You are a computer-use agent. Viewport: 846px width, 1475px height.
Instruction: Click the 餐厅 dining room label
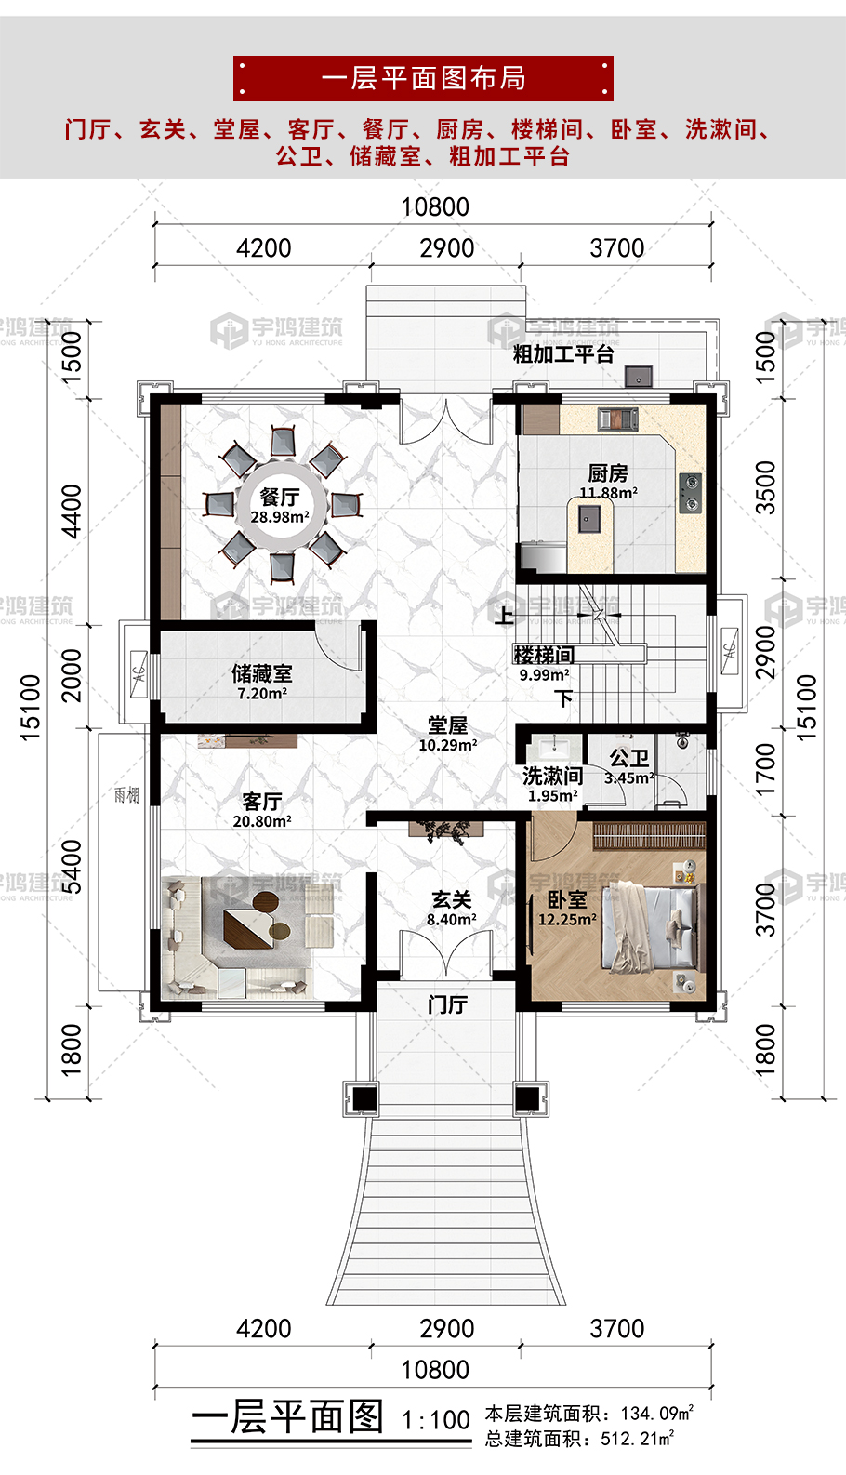pyautogui.click(x=279, y=496)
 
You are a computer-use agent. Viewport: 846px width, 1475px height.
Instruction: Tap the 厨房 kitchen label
pyautogui.click(x=608, y=473)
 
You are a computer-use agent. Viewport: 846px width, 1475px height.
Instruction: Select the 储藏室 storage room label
pyautogui.click(x=261, y=673)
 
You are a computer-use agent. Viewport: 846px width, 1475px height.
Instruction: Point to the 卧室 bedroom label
pyautogui.click(x=567, y=899)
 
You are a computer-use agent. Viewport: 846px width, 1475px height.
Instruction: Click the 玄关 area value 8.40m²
pyautogui.click(x=452, y=919)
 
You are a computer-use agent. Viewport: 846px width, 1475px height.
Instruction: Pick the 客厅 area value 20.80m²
pyautogui.click(x=262, y=821)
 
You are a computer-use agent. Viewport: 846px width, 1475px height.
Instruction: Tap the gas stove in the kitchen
pyautogui.click(x=690, y=493)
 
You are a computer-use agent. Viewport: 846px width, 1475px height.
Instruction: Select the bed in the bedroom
pyautogui.click(x=652, y=927)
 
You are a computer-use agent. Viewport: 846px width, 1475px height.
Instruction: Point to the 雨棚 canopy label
pyautogui.click(x=126, y=795)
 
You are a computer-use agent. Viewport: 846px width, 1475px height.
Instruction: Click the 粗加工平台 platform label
pyautogui.click(x=563, y=354)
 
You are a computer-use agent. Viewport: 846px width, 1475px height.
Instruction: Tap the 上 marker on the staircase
pyautogui.click(x=504, y=616)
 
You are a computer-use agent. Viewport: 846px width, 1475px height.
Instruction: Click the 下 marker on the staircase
pyautogui.click(x=562, y=698)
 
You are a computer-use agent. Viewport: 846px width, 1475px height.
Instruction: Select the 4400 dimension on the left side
pyautogui.click(x=71, y=512)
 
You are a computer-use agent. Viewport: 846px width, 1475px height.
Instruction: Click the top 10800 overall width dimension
pyautogui.click(x=435, y=206)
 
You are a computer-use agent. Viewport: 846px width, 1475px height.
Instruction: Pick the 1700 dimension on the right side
pyautogui.click(x=766, y=769)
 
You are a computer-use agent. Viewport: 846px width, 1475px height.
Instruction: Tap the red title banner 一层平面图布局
pyautogui.click(x=423, y=78)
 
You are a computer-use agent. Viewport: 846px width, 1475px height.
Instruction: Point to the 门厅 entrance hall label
pyautogui.click(x=448, y=1004)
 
